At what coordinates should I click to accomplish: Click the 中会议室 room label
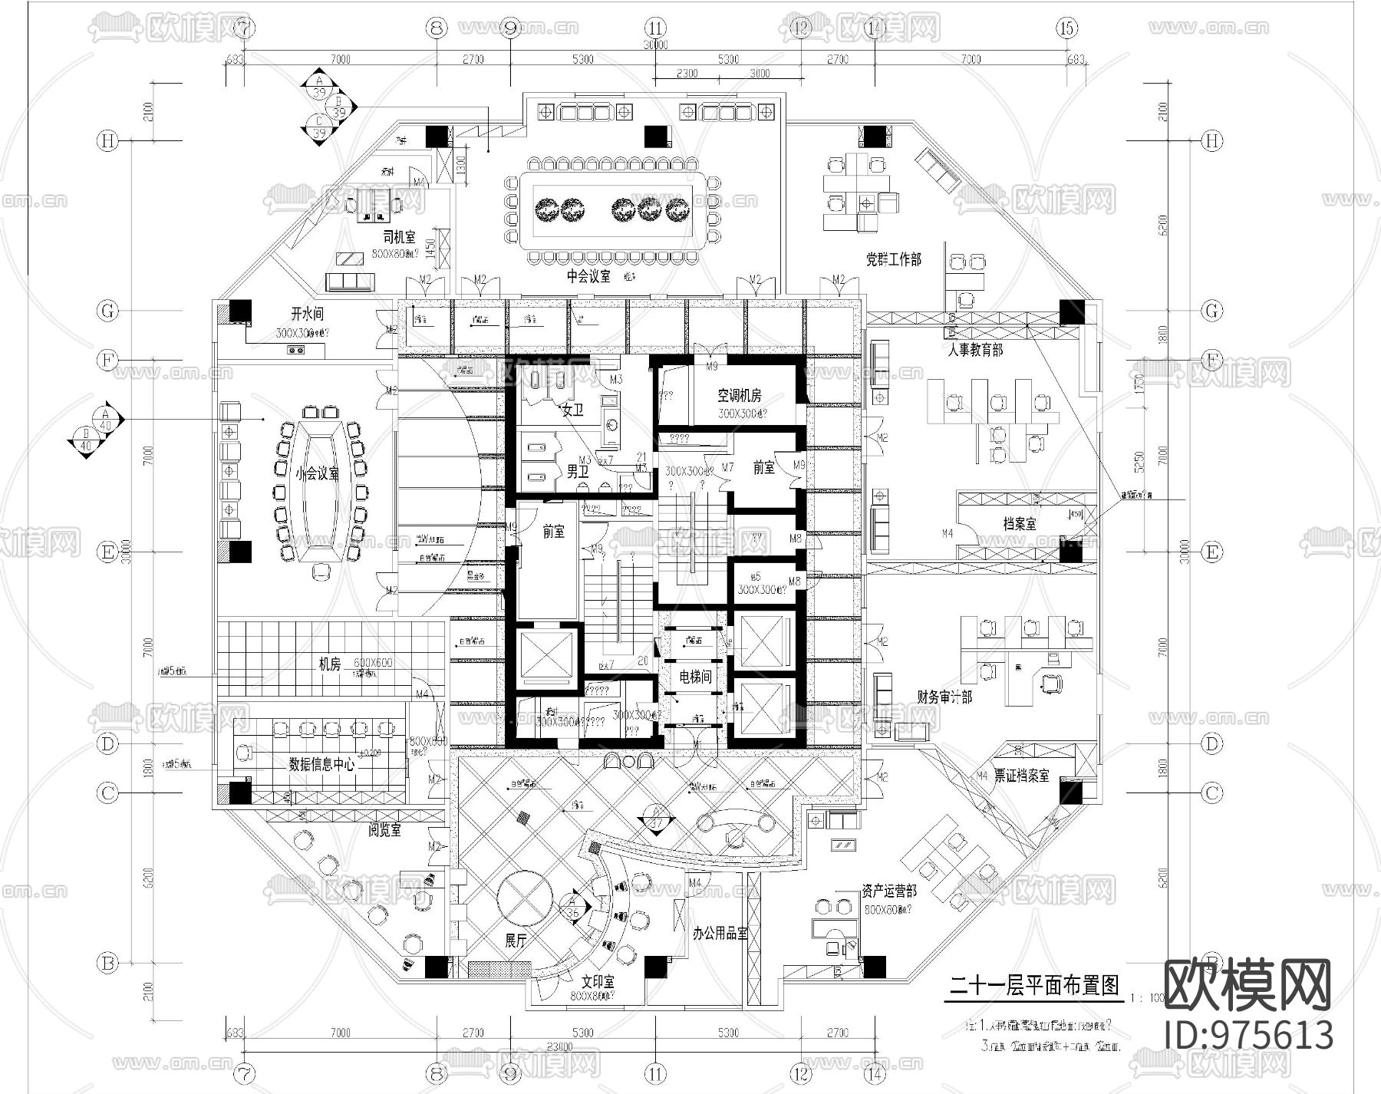(588, 277)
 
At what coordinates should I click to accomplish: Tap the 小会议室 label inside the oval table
(318, 474)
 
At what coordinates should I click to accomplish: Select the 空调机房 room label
(739, 396)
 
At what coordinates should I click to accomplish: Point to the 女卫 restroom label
(572, 411)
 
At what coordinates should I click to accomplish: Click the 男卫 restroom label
(577, 471)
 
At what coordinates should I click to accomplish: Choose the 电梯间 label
(695, 677)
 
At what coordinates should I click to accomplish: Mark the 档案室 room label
(1020, 524)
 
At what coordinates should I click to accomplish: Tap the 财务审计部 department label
(944, 697)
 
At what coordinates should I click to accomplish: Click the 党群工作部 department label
(893, 260)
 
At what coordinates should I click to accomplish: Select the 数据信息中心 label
(321, 764)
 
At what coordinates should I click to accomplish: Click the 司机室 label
(399, 237)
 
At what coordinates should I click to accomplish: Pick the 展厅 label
(516, 942)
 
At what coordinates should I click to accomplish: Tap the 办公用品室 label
(719, 934)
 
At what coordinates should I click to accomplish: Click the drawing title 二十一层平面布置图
(1034, 986)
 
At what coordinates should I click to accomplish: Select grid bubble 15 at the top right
(1066, 28)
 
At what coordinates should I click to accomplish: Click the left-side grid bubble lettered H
(107, 141)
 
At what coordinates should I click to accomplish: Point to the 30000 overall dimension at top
(655, 44)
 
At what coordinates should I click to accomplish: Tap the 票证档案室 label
(1021, 776)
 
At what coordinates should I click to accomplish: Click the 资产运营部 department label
(888, 891)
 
